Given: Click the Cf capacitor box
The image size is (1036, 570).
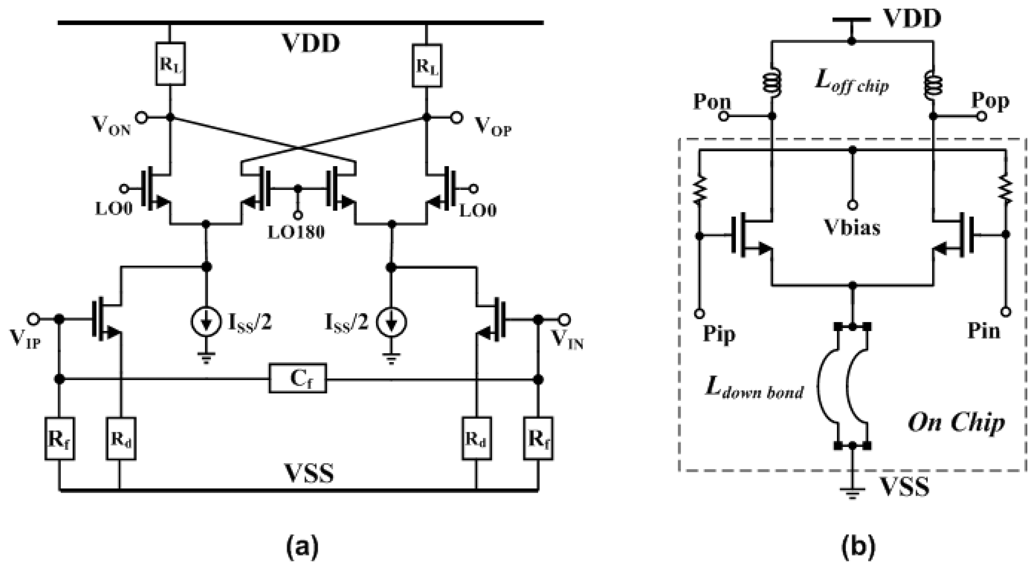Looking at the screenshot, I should [298, 378].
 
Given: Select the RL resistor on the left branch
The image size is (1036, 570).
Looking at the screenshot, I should [170, 63].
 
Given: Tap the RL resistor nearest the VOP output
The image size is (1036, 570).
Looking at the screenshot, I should [427, 66].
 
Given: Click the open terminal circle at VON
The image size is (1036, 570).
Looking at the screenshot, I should [141, 118].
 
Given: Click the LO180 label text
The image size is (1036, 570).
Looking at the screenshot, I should [296, 232].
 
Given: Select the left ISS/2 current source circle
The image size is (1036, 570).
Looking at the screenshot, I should [206, 322].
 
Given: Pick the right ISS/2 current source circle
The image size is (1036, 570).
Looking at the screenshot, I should [391, 322].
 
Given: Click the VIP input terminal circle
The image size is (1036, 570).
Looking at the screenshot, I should [33, 319].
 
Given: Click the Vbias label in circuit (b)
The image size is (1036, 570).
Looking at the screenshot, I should [852, 227].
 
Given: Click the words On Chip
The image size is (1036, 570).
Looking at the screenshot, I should [956, 423].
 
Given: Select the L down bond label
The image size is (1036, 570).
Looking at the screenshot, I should [754, 389].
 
